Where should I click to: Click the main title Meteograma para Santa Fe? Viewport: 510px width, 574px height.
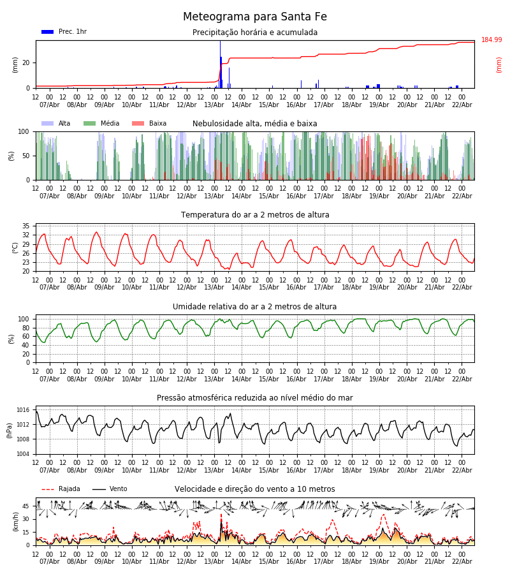click(x=255, y=17)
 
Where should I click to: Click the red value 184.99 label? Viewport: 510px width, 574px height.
click(x=492, y=40)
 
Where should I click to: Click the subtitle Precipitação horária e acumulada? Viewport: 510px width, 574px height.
click(x=255, y=33)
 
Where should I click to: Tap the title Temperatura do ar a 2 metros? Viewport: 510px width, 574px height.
click(x=255, y=215)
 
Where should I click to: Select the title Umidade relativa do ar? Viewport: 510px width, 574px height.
click(x=255, y=307)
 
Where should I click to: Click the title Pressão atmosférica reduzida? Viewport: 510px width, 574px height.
click(x=255, y=398)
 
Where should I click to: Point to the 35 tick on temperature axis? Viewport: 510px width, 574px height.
click(x=26, y=226)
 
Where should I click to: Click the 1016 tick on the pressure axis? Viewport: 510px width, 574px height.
click(x=23, y=410)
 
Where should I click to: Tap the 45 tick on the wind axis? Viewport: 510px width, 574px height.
click(x=26, y=506)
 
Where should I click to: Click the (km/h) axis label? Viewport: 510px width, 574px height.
click(x=15, y=522)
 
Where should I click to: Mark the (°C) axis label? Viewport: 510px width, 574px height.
click(x=15, y=247)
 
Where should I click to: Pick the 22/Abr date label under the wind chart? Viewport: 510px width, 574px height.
click(x=462, y=561)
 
